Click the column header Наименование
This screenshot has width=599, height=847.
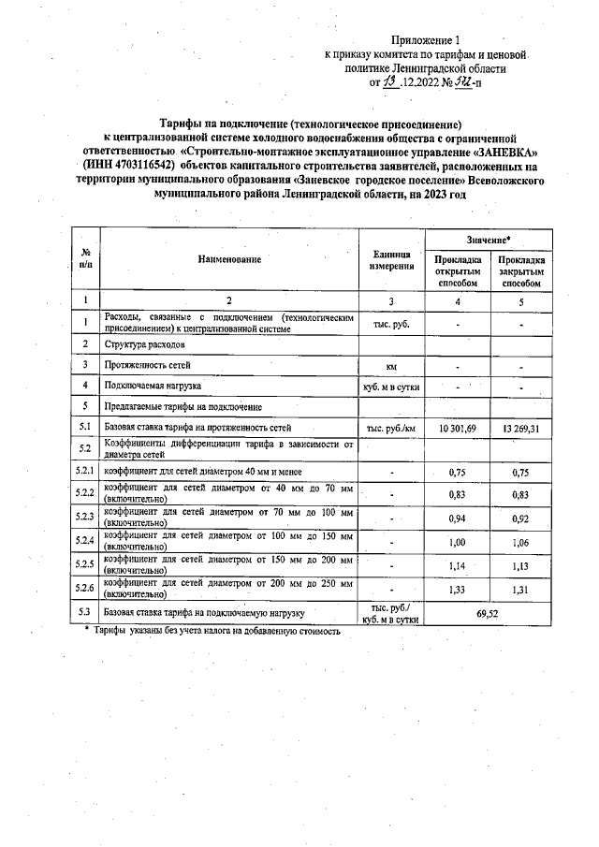point(229,258)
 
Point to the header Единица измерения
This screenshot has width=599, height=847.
point(393,259)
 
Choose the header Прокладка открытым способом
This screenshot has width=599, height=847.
point(457,270)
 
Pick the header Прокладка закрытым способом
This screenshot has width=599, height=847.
point(522,270)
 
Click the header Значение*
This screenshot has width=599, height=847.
point(489,240)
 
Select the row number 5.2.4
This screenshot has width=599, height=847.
point(85,541)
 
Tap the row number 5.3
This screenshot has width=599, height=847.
point(85,612)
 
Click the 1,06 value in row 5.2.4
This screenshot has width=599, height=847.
point(522,542)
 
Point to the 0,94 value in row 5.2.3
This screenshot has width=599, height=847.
point(457,518)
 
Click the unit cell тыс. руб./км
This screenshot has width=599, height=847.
point(392,428)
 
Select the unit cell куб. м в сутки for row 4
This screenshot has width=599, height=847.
point(392,386)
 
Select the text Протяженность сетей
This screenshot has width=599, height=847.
point(145,365)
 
